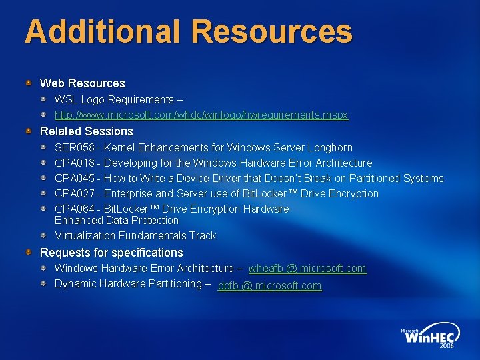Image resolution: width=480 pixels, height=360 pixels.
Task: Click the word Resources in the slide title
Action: pyautogui.click(x=273, y=31)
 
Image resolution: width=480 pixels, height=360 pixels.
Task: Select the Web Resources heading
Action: pyautogui.click(x=82, y=83)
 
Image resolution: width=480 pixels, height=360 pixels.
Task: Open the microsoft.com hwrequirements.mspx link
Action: pyautogui.click(x=201, y=115)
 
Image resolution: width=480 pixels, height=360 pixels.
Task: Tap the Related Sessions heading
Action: pyautogui.click(x=86, y=131)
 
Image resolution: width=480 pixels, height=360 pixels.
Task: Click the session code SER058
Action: pyautogui.click(x=74, y=147)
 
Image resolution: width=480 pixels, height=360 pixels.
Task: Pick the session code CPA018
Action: pyautogui.click(x=74, y=163)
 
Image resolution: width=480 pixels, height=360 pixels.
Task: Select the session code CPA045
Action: pyautogui.click(x=74, y=178)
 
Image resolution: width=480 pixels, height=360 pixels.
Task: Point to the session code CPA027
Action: pyautogui.click(x=74, y=193)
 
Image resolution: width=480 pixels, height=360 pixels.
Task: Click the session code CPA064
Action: pyautogui.click(x=74, y=209)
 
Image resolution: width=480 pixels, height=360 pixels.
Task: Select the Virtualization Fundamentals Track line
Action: pyautogui.click(x=135, y=235)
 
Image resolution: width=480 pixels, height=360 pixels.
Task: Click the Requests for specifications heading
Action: pyautogui.click(x=111, y=253)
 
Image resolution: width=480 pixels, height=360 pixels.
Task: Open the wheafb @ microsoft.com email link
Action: pyautogui.click(x=307, y=268)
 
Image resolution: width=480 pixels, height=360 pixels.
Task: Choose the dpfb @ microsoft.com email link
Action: pyautogui.click(x=269, y=286)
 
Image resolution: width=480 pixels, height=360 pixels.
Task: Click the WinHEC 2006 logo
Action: pyautogui.click(x=431, y=336)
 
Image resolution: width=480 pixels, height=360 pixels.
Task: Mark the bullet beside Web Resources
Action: pyautogui.click(x=29, y=83)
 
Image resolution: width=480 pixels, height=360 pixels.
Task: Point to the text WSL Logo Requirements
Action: pyautogui.click(x=114, y=99)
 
